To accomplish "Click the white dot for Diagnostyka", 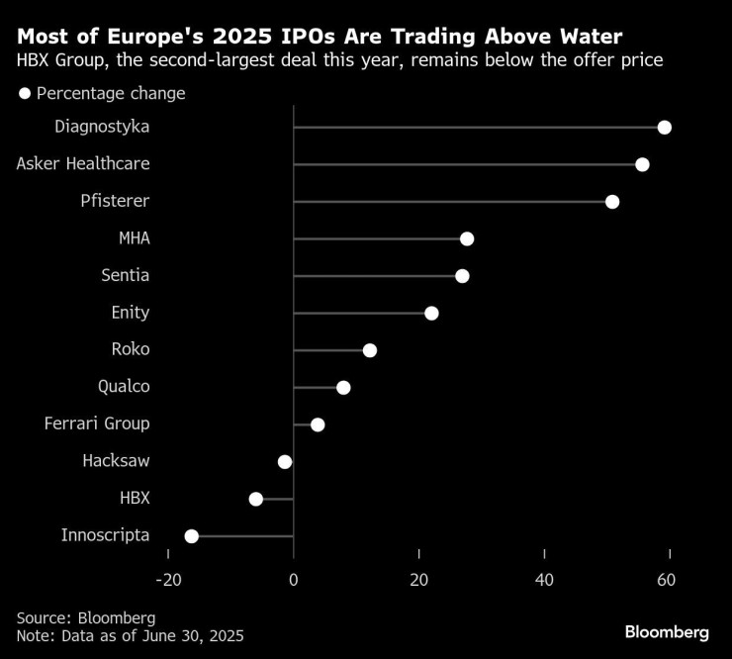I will (x=665, y=128).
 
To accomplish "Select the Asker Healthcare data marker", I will (x=642, y=164).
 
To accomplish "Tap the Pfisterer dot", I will (x=612, y=202).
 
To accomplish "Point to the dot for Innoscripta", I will (x=192, y=536).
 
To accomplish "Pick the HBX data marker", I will (x=256, y=499).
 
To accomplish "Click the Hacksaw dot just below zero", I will (x=285, y=461).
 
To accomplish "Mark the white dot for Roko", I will (x=370, y=350).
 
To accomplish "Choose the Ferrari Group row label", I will (x=97, y=424).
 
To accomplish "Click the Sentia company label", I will (x=126, y=275).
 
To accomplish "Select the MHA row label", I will (x=134, y=237).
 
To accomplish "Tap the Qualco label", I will (x=124, y=386).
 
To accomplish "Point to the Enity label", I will (x=130, y=313).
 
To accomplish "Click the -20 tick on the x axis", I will (x=168, y=579).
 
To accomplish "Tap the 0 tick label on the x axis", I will (x=294, y=579).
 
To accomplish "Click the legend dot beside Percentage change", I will (x=24, y=94).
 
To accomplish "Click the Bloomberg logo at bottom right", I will (x=667, y=631).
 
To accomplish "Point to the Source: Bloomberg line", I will (x=86, y=617).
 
